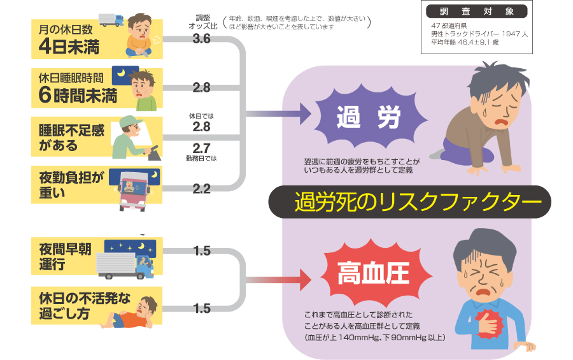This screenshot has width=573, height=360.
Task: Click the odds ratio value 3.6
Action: click(x=201, y=39)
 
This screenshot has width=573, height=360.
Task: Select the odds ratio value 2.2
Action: click(x=201, y=188)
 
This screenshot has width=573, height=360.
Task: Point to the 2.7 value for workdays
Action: click(x=201, y=148)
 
